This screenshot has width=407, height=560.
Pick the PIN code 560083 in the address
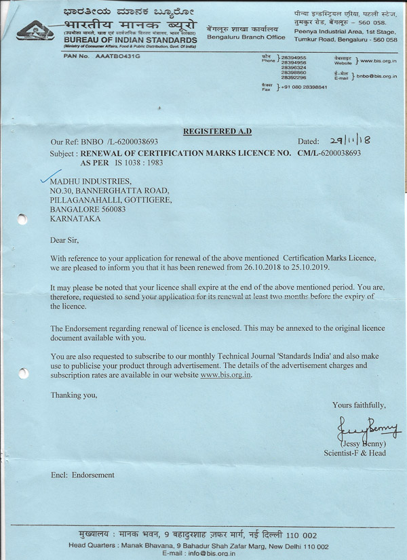pyautogui.click(x=111, y=210)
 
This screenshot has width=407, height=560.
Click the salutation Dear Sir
pyautogui.click(x=66, y=240)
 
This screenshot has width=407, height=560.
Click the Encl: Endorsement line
pyautogui.click(x=83, y=475)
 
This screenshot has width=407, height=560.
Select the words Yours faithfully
pyautogui.click(x=359, y=405)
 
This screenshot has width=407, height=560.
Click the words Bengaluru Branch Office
pyautogui.click(x=246, y=37)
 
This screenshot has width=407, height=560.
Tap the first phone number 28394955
pyautogui.click(x=293, y=58)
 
